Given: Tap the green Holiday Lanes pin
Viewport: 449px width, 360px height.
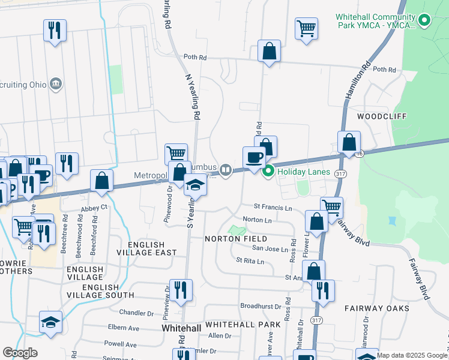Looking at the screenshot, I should pyautogui.click(x=268, y=171).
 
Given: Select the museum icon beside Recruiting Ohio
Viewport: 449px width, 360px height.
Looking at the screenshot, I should pyautogui.click(x=56, y=82).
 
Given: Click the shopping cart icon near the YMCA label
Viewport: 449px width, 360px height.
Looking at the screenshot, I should pyautogui.click(x=306, y=28).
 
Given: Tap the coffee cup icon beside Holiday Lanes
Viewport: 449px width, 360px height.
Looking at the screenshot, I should pyautogui.click(x=253, y=158).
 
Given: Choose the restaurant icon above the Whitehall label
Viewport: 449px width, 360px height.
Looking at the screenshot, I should pyautogui.click(x=180, y=290).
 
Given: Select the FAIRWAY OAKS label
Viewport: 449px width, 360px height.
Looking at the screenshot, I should pyautogui.click(x=377, y=308).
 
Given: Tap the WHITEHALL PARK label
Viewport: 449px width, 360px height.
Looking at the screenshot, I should pyautogui.click(x=243, y=325).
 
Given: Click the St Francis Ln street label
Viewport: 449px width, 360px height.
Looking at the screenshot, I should pyautogui.click(x=273, y=208).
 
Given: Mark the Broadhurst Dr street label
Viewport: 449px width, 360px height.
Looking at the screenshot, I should pyautogui.click(x=261, y=306).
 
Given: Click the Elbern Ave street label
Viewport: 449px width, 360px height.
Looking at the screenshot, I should pyautogui.click(x=123, y=328).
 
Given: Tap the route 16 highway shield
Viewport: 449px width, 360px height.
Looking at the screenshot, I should pyautogui.click(x=359, y=154).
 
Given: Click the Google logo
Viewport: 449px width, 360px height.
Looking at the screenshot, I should pyautogui.click(x=20, y=353).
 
